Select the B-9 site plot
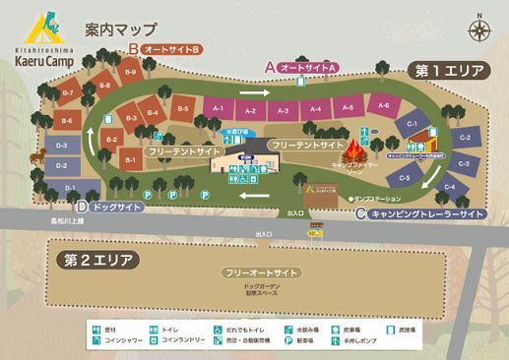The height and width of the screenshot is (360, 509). coord(130,72)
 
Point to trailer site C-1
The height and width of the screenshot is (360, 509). coord(413,124)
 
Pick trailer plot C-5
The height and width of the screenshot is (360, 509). coord(404,178)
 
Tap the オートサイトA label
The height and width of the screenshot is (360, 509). coord(309,66)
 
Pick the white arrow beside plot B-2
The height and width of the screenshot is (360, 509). coord(95,137)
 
